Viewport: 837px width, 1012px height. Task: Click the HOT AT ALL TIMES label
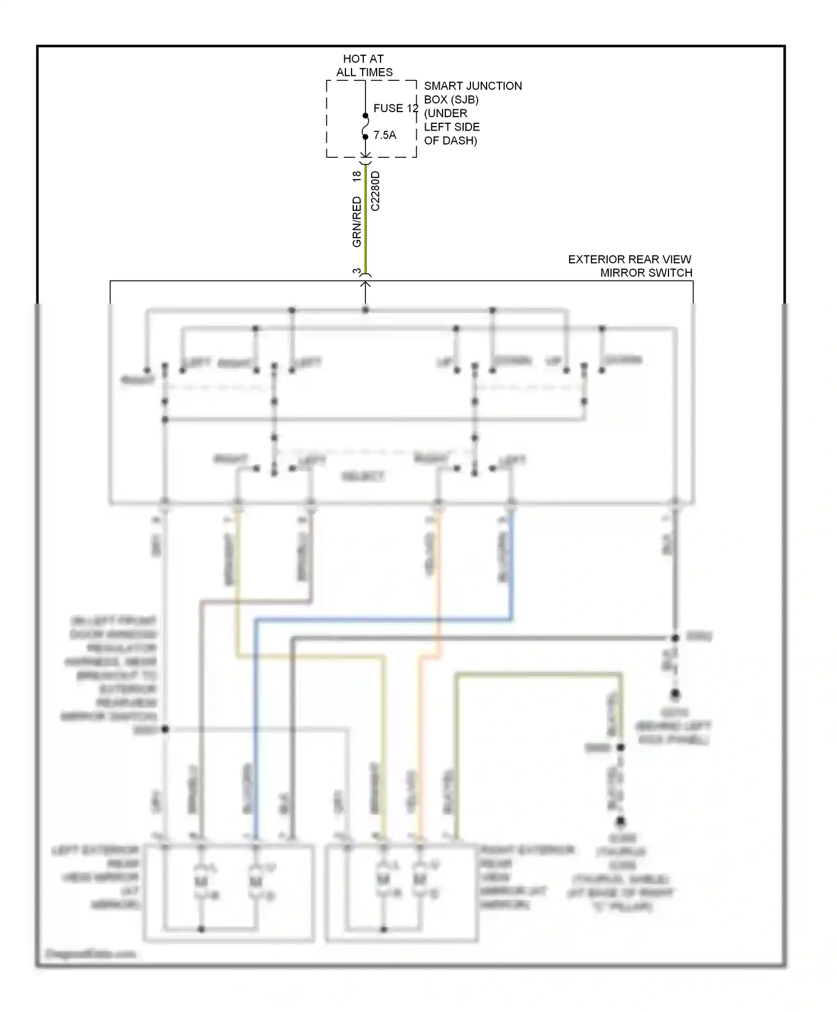(364, 65)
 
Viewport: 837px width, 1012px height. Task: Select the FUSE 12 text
(395, 108)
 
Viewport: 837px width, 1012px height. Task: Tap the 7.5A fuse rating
(384, 135)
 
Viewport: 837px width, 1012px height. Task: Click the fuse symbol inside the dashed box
(365, 126)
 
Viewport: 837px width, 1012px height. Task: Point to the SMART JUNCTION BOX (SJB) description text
(472, 113)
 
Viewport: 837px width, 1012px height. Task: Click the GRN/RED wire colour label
(357, 222)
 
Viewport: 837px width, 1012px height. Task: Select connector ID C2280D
(375, 191)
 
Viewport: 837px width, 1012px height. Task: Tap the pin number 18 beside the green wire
(357, 176)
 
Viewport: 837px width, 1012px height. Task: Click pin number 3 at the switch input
(357, 272)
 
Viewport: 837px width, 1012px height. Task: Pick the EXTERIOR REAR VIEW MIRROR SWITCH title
(629, 266)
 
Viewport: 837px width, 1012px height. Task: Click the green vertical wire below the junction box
(365, 223)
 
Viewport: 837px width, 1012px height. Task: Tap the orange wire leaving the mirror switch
(439, 580)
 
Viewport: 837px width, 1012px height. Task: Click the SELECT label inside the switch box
(363, 476)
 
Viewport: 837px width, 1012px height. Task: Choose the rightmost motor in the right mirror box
(419, 880)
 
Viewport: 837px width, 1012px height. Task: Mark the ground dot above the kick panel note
(675, 694)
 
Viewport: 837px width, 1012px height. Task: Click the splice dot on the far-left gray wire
(165, 729)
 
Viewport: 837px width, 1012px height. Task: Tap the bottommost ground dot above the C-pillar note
(620, 821)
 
